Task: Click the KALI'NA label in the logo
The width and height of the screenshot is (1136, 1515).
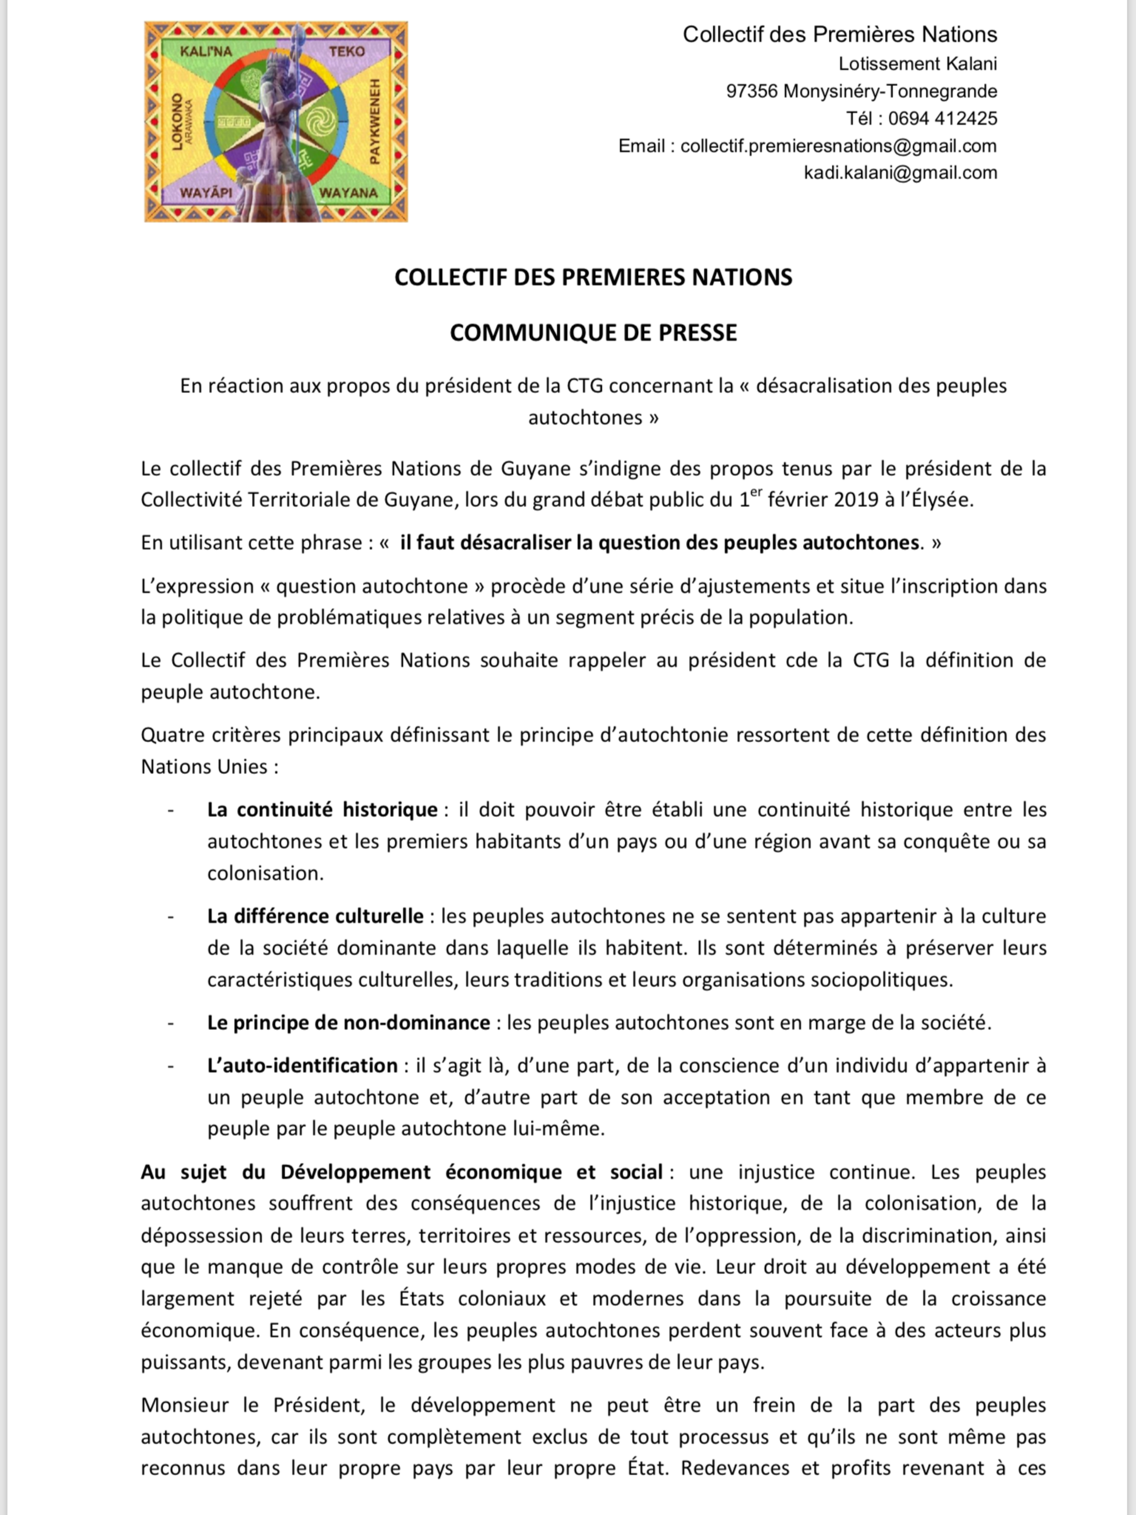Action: (206, 51)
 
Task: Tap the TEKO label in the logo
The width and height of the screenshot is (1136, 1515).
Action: (346, 51)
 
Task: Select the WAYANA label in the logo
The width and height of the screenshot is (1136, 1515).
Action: (348, 193)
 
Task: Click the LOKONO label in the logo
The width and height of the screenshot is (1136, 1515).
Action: (177, 122)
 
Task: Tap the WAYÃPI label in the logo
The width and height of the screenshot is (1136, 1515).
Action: (206, 193)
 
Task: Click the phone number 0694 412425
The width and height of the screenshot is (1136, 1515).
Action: (942, 118)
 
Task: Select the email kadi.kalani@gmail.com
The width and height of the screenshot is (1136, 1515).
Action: (901, 173)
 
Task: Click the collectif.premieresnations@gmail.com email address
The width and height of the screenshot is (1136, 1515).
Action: (838, 146)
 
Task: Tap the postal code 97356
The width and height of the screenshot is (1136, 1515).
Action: (752, 91)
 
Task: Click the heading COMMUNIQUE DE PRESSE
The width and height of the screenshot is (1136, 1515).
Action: (593, 333)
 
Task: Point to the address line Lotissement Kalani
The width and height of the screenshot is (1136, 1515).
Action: (918, 64)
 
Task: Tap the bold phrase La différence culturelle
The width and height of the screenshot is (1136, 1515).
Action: (315, 916)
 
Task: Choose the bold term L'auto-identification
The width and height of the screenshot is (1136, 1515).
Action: (302, 1066)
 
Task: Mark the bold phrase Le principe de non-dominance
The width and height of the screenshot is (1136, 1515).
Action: (349, 1023)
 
